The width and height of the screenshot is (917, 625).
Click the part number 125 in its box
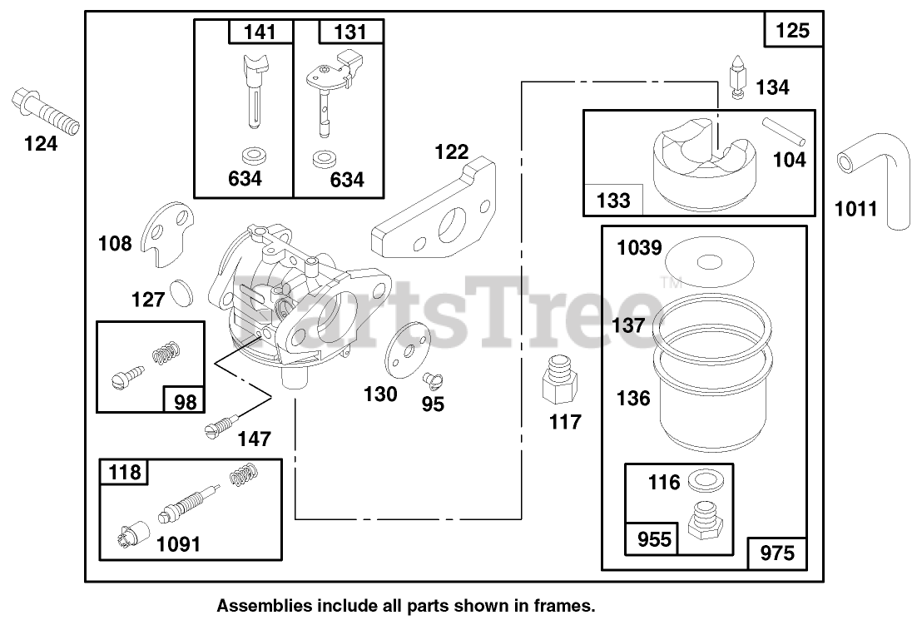[x=792, y=32]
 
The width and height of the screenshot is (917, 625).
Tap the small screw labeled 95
[x=432, y=381]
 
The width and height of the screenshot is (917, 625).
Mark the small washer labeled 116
[x=706, y=480]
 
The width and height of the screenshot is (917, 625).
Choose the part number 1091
[x=177, y=544]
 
